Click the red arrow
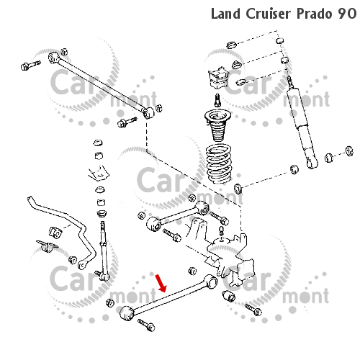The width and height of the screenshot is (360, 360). [161, 284]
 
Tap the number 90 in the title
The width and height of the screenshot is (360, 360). [347, 14]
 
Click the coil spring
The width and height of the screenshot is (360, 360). [219, 163]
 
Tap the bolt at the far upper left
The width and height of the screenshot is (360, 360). [31, 65]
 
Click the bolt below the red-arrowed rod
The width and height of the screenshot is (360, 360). [147, 325]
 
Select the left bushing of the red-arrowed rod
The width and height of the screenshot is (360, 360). [127, 313]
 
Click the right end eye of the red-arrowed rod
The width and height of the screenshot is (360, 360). [211, 282]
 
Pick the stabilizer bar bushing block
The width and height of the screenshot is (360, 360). [55, 233]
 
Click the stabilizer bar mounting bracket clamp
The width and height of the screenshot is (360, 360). [47, 246]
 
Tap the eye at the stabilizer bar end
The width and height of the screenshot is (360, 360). [82, 265]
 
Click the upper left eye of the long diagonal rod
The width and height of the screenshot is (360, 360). [53, 58]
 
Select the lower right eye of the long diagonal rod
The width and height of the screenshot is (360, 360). [149, 113]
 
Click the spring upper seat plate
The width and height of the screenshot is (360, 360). [218, 116]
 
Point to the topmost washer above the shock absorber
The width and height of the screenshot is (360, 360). [232, 45]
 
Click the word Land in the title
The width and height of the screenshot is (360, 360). [225, 14]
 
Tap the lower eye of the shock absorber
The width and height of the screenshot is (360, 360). [312, 163]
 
